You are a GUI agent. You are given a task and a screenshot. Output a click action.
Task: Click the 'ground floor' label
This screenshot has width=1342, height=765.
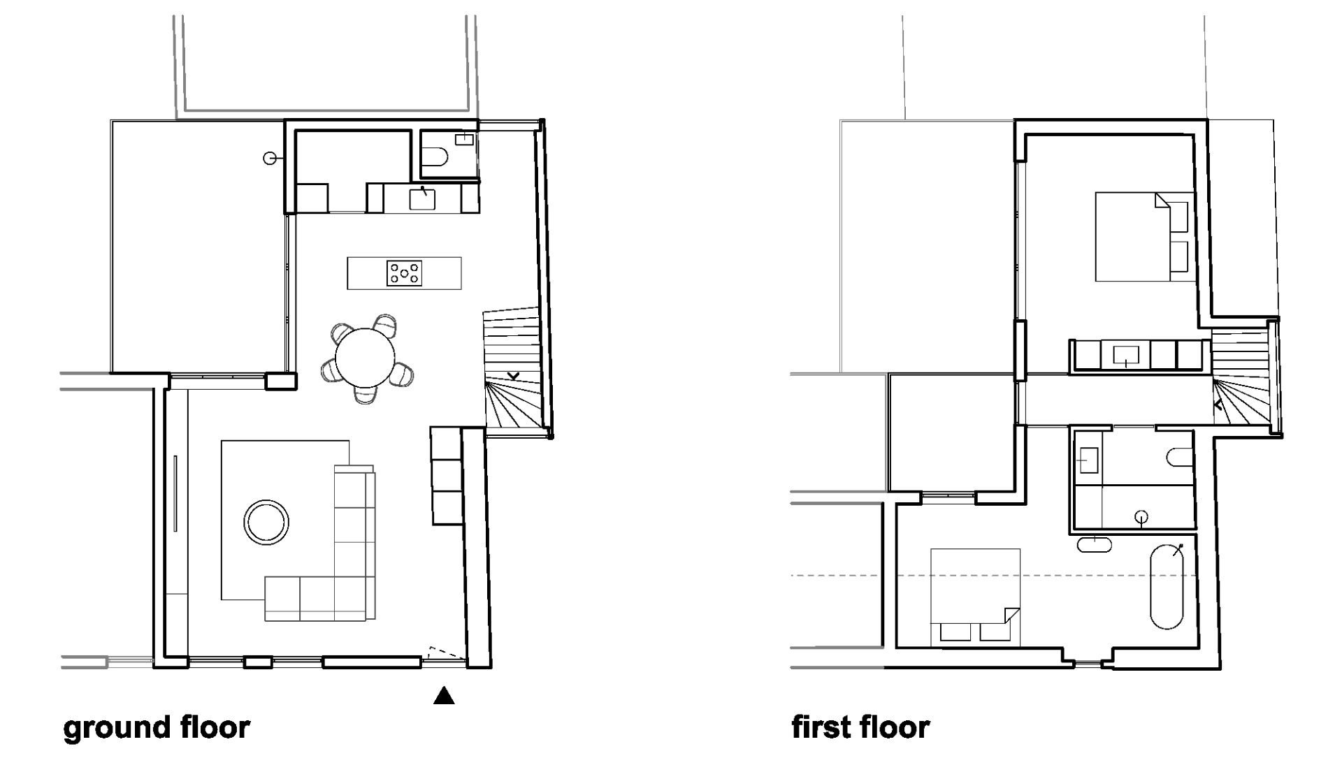(x=156, y=727)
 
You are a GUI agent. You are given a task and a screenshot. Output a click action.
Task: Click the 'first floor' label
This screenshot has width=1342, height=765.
(x=860, y=727)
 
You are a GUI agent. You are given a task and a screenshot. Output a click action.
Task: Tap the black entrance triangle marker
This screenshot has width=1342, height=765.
(x=444, y=696)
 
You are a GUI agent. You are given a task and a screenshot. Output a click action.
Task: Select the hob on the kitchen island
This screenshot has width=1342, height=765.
(x=405, y=272)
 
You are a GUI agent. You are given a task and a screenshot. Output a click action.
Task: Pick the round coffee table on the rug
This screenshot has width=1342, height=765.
(x=266, y=522)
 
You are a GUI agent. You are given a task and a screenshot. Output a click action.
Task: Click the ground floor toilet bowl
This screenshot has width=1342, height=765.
(x=435, y=158)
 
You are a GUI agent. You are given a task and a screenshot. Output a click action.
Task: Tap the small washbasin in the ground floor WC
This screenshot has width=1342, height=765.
(x=464, y=140)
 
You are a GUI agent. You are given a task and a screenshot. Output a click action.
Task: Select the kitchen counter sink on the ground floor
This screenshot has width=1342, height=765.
(x=422, y=198)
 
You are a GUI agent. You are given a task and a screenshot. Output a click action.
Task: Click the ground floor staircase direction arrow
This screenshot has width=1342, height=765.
(x=514, y=377)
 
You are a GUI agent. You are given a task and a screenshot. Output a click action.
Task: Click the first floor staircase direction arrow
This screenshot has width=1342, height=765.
(x=1218, y=405)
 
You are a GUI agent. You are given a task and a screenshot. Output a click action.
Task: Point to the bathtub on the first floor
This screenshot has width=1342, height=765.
(x=1167, y=585)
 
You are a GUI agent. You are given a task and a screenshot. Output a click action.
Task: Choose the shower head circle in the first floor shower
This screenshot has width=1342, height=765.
(x=1141, y=517)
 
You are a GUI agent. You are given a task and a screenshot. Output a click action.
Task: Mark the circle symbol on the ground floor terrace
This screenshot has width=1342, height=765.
(x=269, y=159)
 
